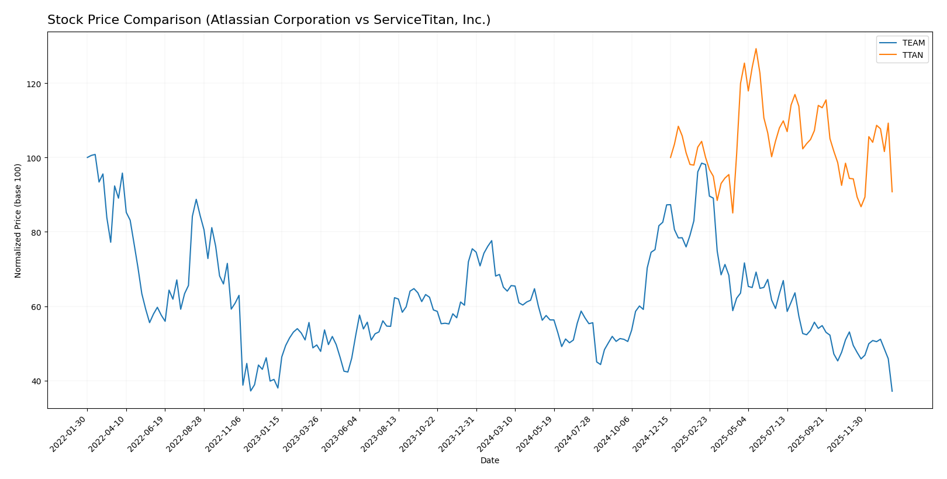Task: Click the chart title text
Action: (x=269, y=20)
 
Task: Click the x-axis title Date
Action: (x=490, y=461)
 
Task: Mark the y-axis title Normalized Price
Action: (x=18, y=220)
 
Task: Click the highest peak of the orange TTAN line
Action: (x=756, y=49)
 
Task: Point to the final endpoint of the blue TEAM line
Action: (x=892, y=391)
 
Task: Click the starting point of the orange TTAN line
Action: (x=670, y=157)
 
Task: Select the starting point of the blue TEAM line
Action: (x=88, y=157)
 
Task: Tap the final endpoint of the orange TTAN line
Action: (x=892, y=192)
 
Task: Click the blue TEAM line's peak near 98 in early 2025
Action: (x=701, y=163)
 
